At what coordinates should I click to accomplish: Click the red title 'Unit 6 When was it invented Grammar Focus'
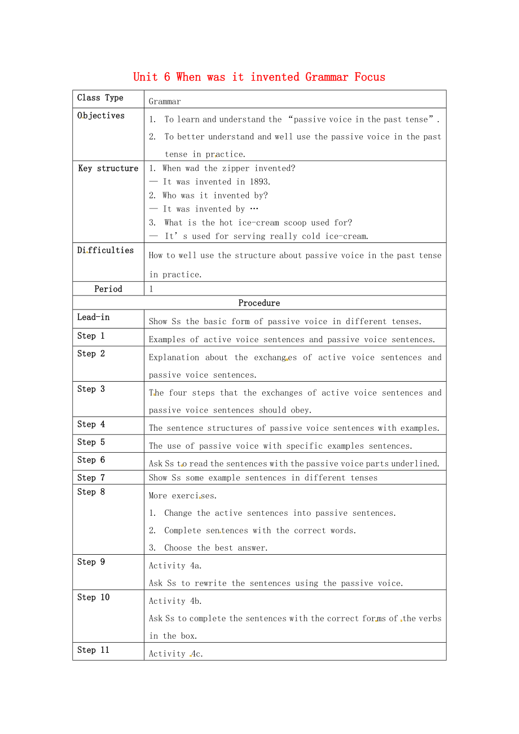259,77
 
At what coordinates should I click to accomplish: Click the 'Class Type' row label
100,98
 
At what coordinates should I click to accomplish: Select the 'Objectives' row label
100,116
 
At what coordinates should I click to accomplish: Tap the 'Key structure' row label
108,168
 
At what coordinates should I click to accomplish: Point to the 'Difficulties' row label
105,250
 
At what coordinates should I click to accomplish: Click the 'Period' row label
108,289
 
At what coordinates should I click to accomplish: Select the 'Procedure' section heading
259,303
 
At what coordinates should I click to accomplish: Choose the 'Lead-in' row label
93,317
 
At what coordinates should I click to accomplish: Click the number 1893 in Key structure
259,182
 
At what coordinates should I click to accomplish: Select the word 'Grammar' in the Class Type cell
165,102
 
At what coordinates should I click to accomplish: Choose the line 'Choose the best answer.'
216,548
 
